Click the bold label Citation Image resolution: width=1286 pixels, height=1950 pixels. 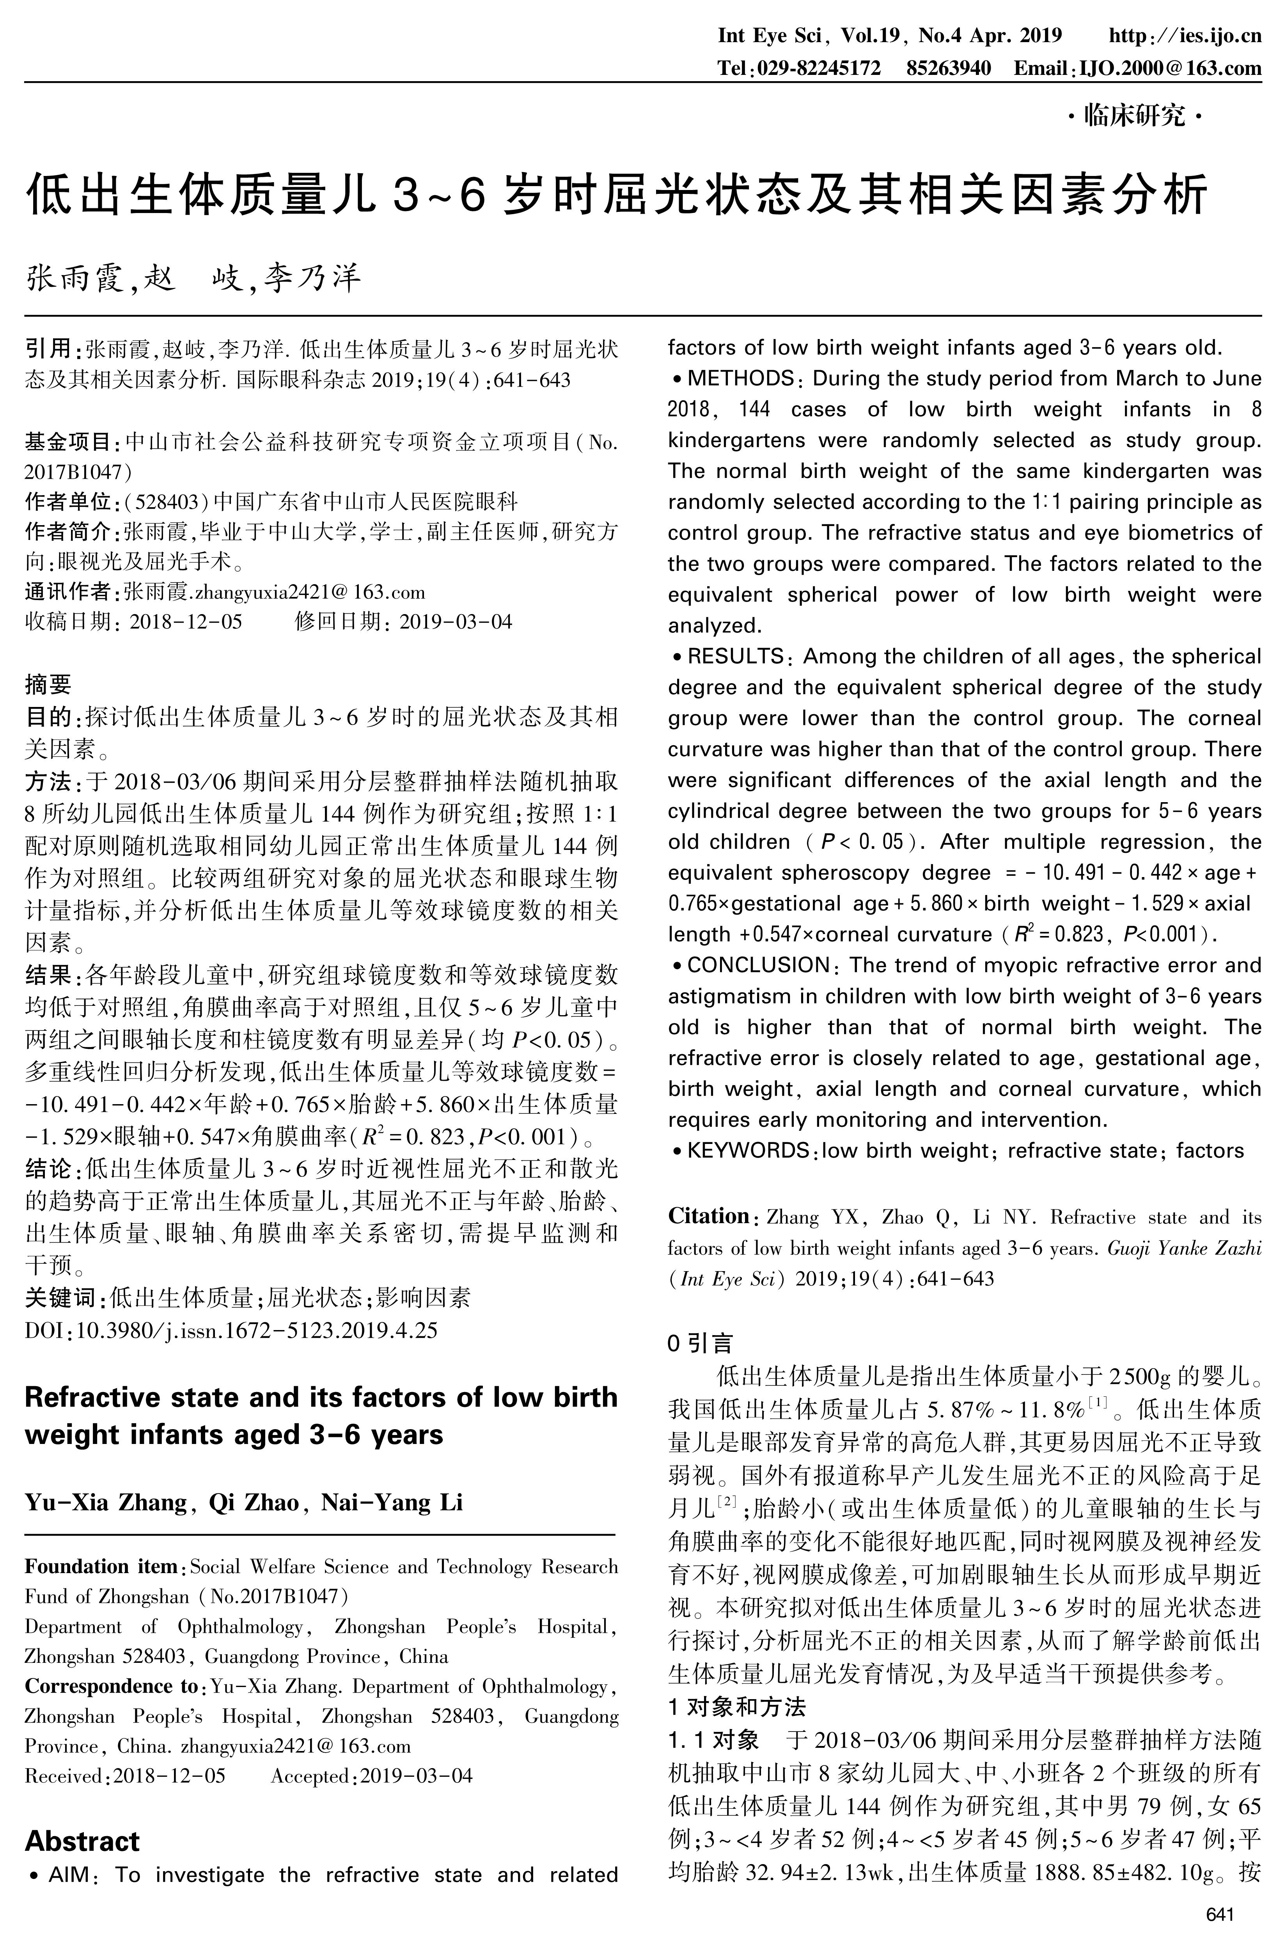click(708, 1216)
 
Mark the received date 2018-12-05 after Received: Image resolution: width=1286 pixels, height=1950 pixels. click(169, 1776)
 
